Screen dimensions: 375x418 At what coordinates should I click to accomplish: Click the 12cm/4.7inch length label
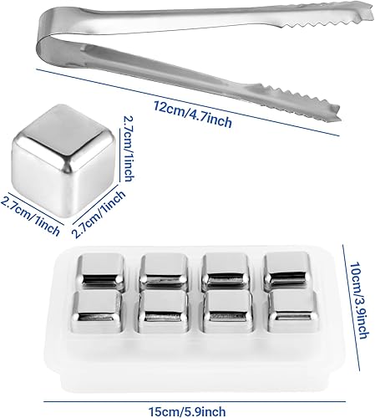(193, 114)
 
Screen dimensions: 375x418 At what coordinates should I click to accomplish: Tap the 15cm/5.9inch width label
(187, 411)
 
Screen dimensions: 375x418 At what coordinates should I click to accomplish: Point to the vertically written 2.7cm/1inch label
(128, 148)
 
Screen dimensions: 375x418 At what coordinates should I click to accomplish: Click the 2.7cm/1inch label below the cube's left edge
(30, 216)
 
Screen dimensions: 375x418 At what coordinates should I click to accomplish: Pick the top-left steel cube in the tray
(100, 270)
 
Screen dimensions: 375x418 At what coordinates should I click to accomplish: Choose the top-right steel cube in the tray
(286, 269)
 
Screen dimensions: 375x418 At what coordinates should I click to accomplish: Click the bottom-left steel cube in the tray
(97, 312)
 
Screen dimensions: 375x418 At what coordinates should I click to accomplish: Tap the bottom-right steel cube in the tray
(293, 311)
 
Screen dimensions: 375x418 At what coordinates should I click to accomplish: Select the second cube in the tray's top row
(163, 270)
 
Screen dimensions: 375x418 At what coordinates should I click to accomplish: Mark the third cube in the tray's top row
(225, 270)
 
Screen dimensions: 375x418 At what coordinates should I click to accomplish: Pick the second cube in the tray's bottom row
(163, 312)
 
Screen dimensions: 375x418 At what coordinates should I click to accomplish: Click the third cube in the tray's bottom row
(228, 311)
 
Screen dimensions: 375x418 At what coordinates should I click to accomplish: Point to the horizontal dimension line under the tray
(195, 401)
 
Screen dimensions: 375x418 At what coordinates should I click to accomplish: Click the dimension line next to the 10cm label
(352, 308)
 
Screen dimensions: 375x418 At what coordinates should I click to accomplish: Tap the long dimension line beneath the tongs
(188, 102)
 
